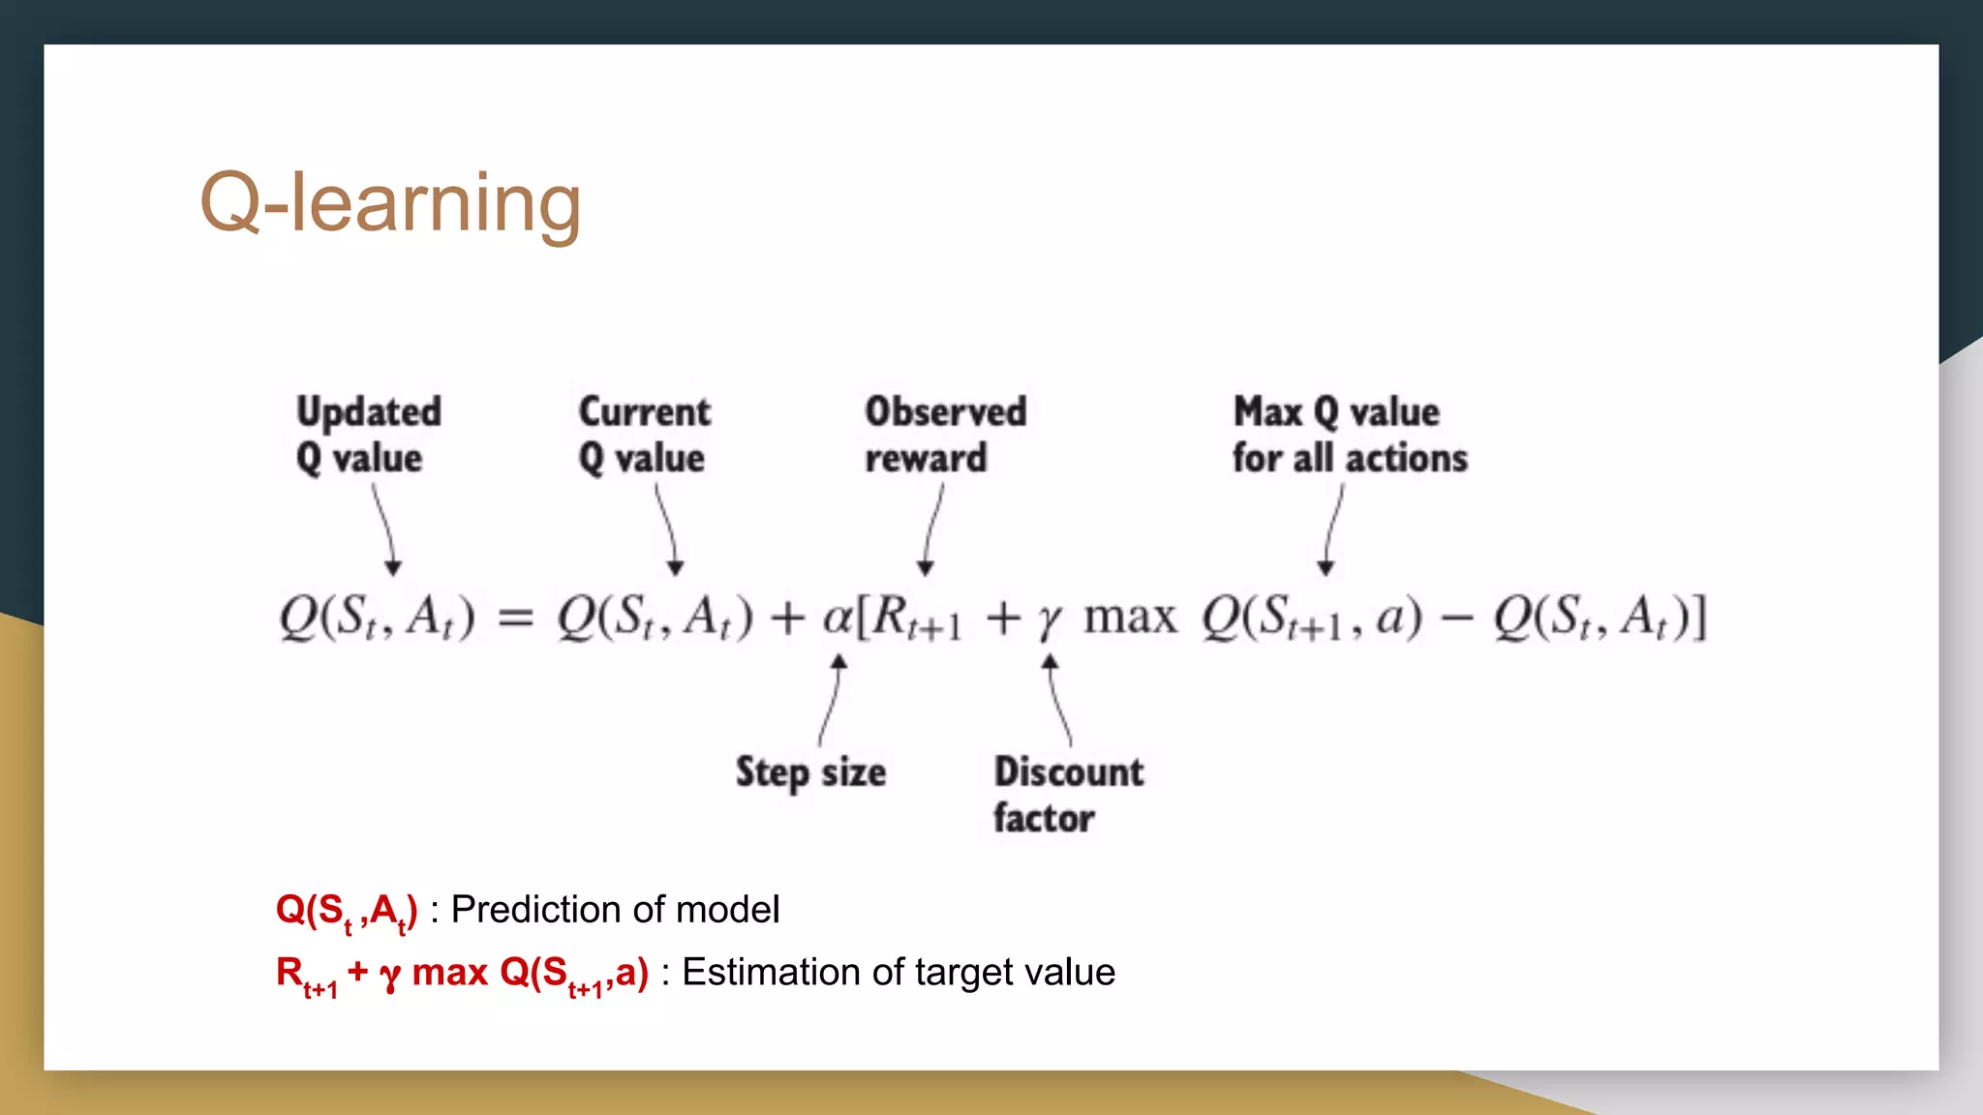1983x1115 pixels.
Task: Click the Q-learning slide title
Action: point(389,203)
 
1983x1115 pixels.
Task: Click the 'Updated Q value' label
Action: point(368,435)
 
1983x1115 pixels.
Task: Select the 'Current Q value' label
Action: point(644,435)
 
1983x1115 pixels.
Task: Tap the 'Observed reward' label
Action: point(945,435)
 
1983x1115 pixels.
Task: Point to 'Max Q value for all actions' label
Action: point(1349,435)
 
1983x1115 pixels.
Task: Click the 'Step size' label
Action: point(810,772)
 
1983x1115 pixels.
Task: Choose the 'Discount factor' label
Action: point(1068,794)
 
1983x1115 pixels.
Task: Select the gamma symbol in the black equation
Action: point(1049,620)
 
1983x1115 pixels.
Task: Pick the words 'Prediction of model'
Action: point(615,910)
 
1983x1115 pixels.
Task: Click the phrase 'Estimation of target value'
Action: point(898,972)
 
